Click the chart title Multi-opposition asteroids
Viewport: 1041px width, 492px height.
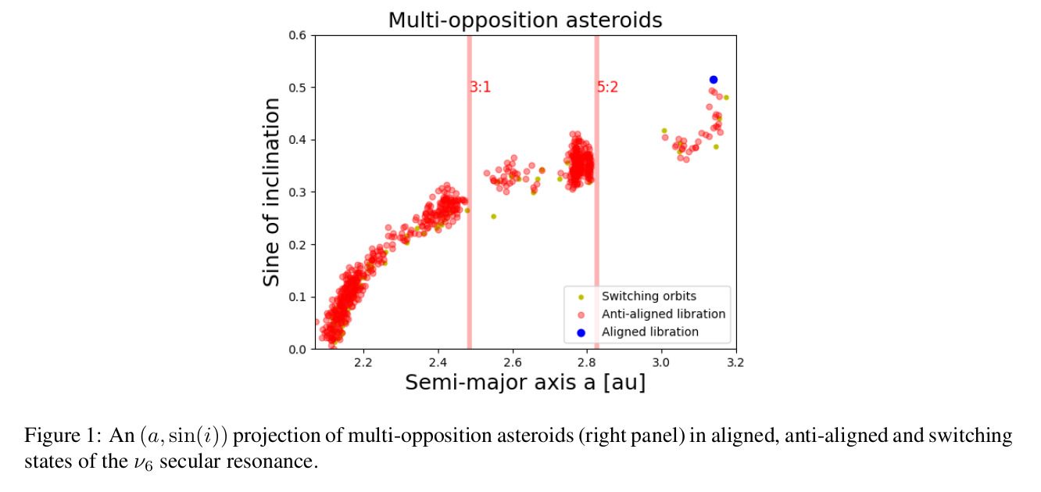[x=525, y=20]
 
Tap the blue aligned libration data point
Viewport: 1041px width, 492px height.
[x=714, y=80]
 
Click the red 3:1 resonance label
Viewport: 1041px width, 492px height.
[x=481, y=87]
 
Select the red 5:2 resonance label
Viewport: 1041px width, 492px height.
[x=608, y=87]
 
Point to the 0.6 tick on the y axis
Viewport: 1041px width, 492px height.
[x=298, y=35]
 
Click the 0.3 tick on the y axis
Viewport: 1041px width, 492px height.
[x=298, y=192]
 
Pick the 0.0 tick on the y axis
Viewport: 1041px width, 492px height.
[x=298, y=349]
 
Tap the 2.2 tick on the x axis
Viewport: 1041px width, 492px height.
[x=363, y=362]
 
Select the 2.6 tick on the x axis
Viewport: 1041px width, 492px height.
[x=513, y=362]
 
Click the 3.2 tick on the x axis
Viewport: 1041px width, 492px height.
[x=735, y=362]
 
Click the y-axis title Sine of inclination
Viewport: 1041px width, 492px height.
[x=271, y=192]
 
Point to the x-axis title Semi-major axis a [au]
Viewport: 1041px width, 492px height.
[x=525, y=382]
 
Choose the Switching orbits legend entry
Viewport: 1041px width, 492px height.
[x=649, y=296]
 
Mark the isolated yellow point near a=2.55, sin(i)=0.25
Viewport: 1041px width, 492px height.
[x=494, y=217]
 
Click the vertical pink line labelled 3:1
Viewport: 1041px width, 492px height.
[x=470, y=192]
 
